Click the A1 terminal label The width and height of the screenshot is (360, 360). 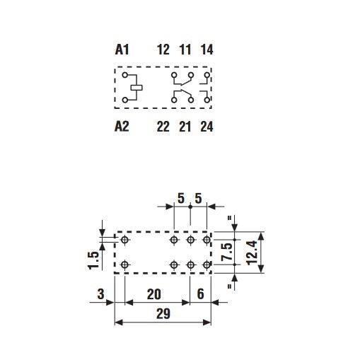pos(122,50)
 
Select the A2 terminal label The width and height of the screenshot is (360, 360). pos(122,127)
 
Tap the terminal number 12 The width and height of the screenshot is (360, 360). pos(163,50)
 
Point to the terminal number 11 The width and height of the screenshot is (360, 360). pos(185,50)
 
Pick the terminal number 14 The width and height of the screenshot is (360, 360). pos(207,50)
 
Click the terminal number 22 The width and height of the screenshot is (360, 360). pos(163,127)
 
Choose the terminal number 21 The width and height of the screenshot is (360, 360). pos(185,127)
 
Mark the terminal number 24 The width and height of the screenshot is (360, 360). pos(207,127)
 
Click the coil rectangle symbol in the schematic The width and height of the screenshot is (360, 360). pos(137,88)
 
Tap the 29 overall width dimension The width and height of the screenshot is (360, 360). pos(163,314)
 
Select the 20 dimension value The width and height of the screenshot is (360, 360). pos(154,294)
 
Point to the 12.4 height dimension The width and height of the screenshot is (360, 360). pos(252,252)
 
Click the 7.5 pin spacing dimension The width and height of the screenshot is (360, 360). pos(227,252)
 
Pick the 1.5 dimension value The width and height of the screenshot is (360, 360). pos(93,260)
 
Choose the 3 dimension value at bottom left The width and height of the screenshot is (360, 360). pos(100,294)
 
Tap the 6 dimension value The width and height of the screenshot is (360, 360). pos(200,294)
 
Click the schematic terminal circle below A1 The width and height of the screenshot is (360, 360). pos(125,75)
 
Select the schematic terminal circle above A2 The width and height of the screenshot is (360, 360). pos(125,100)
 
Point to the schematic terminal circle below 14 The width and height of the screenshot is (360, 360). pos(207,75)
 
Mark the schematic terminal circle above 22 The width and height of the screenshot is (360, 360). pos(174,100)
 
